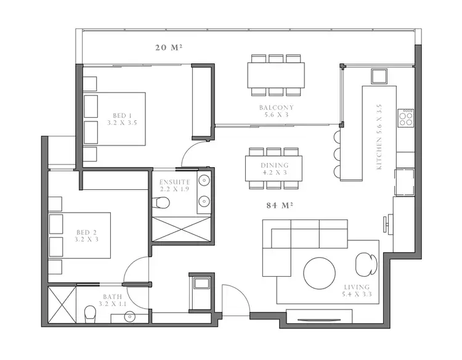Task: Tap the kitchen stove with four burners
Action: pyautogui.click(x=407, y=118)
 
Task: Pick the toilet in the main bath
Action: pyautogui.click(x=90, y=314)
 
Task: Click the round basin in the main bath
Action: pyautogui.click(x=130, y=317)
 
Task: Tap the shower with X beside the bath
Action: pyautogui.click(x=62, y=304)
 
